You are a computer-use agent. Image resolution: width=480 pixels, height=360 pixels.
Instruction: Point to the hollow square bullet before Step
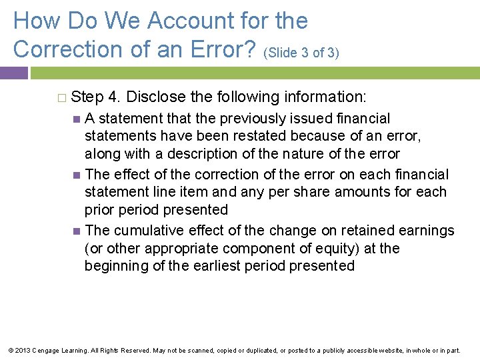[x=61, y=97]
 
